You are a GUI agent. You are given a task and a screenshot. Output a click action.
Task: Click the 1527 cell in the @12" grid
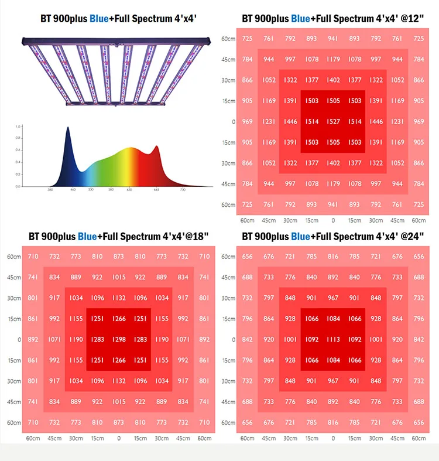coord(333,121)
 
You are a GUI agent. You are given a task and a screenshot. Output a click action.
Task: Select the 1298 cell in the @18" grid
coord(119,339)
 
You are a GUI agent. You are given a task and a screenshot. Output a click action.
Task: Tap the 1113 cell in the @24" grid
coord(333,339)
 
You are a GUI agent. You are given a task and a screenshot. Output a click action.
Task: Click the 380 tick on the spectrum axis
coord(50,190)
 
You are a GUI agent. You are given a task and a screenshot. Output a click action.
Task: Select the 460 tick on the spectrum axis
coord(73,190)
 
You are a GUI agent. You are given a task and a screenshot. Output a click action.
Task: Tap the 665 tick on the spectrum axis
coord(156,190)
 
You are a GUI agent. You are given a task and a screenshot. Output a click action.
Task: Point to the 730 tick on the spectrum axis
coord(183,190)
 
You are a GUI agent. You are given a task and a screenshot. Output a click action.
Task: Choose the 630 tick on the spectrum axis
coord(130,190)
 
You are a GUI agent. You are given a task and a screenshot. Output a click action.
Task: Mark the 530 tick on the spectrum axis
coord(91,190)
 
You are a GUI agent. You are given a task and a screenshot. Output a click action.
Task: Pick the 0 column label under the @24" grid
coord(333,438)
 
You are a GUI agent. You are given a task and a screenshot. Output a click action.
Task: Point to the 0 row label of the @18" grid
coord(11,339)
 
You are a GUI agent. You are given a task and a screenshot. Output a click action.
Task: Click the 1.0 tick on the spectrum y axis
coord(18,126)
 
